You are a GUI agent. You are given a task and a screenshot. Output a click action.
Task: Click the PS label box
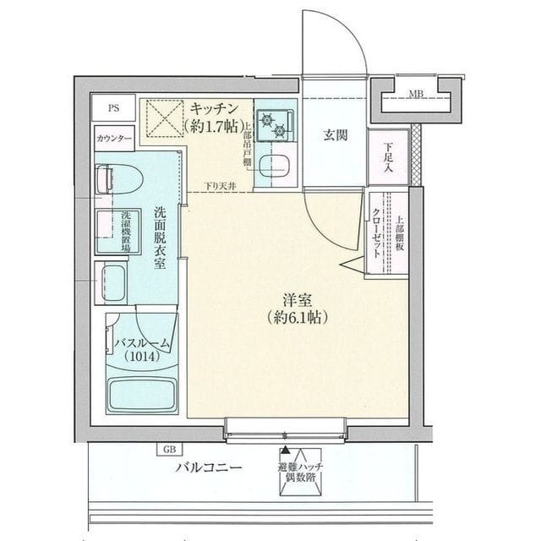coord(114,107)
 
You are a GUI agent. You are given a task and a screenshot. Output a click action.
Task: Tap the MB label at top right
coord(417,93)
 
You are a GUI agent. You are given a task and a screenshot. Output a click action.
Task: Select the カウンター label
coord(114,137)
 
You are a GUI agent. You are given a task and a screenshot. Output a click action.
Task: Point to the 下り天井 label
coord(219,186)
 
